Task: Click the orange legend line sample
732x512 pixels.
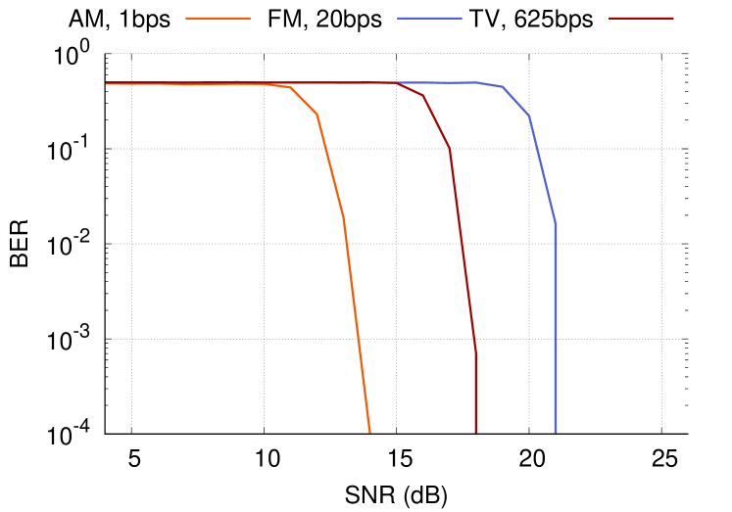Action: (218, 18)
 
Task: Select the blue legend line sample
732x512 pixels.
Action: (429, 18)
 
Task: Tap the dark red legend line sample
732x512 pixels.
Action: (641, 18)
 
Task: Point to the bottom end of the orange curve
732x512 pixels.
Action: (369, 431)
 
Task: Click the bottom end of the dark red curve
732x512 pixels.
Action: (475, 431)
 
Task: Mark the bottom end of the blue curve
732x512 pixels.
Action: (556, 431)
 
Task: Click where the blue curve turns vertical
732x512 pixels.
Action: (556, 224)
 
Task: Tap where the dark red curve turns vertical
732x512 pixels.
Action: (475, 348)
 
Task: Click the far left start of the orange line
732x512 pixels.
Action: (107, 83)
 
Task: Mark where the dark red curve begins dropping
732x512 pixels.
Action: (397, 83)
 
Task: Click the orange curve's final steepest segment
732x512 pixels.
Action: (357, 324)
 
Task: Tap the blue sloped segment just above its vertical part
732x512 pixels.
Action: (543, 170)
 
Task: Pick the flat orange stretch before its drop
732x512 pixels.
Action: (196, 83)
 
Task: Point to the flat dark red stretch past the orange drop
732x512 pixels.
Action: (353, 82)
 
